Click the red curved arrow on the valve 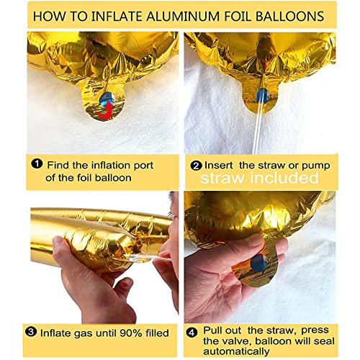(106, 107)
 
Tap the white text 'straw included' (260, 177)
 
